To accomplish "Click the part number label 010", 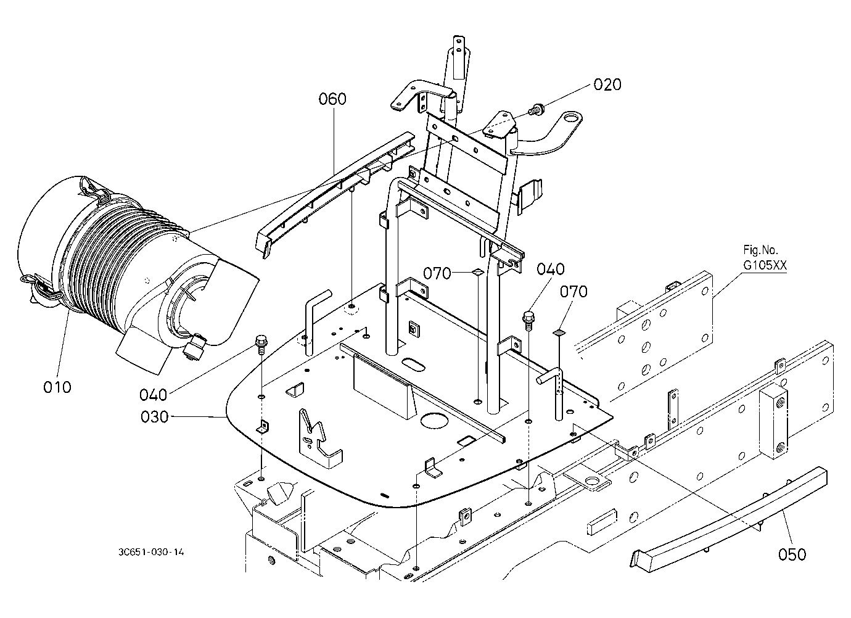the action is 57,387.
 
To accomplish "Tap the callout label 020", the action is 607,84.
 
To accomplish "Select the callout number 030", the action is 154,417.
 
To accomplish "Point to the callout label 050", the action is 792,554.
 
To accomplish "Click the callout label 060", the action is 332,99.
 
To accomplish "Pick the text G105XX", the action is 765,265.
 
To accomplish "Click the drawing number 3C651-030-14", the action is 151,552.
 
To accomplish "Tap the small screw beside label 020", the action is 535,109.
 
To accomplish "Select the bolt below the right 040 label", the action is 528,319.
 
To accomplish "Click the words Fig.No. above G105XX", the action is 760,250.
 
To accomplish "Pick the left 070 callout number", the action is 437,273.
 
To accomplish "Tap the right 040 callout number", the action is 551,270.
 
